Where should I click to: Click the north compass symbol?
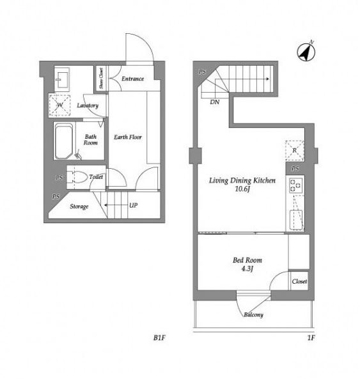click(306, 52)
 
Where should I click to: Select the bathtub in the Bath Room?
click(63, 141)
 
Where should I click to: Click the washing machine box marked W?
click(59, 105)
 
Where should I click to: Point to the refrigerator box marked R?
click(295, 150)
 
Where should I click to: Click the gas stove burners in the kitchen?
click(296, 185)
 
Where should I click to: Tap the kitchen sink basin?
click(296, 220)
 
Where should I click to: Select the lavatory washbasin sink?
click(62, 77)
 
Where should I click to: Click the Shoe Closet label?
click(101, 78)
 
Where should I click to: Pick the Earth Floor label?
click(128, 137)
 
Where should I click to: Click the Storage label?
click(79, 206)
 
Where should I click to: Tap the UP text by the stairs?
click(134, 205)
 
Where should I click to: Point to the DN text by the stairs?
click(215, 102)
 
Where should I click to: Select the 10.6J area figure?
click(242, 189)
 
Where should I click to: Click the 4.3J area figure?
click(247, 268)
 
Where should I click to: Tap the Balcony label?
click(253, 314)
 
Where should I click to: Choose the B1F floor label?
click(159, 337)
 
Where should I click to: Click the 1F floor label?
click(311, 337)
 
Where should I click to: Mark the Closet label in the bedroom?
click(299, 282)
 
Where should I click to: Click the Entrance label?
click(133, 79)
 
